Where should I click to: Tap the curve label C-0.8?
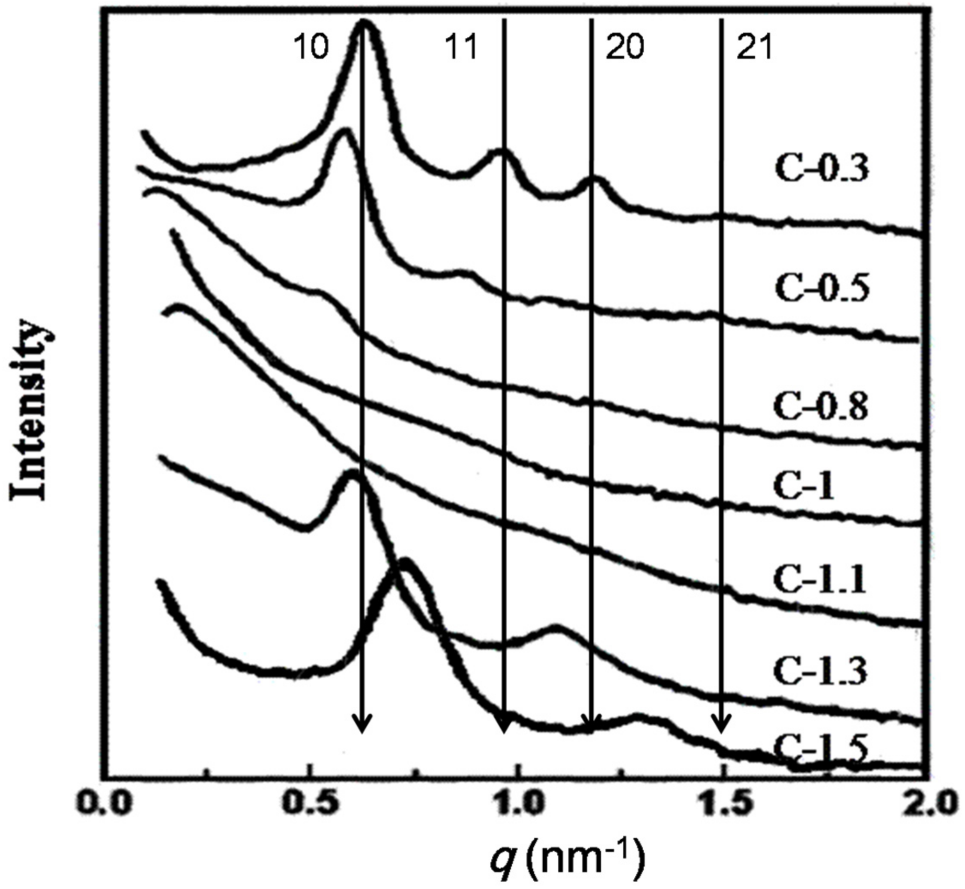(821, 407)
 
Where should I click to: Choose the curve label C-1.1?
(820, 580)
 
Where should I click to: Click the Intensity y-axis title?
(30, 409)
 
